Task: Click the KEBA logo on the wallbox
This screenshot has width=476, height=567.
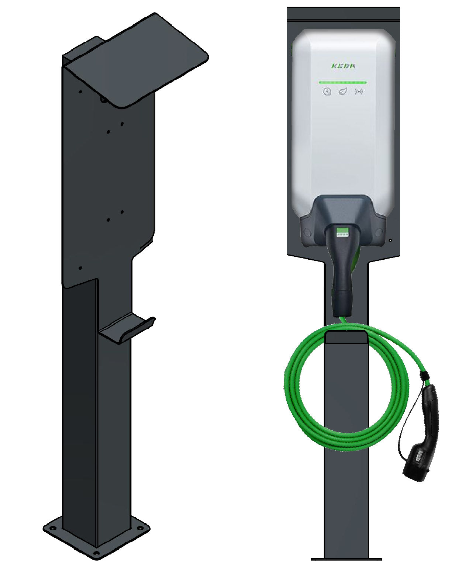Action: pyautogui.click(x=343, y=66)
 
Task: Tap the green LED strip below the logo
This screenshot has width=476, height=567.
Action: pyautogui.click(x=343, y=82)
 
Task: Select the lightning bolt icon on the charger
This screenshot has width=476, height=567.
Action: pyautogui.click(x=327, y=92)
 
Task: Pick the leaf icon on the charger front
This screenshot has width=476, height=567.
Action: pyautogui.click(x=343, y=92)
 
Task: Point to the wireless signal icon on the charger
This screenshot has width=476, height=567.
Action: pyautogui.click(x=359, y=92)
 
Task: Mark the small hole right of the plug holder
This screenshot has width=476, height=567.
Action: pyautogui.click(x=390, y=241)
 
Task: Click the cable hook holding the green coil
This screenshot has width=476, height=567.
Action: pyautogui.click(x=346, y=338)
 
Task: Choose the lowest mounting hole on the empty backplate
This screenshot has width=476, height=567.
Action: pyautogui.click(x=81, y=268)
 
